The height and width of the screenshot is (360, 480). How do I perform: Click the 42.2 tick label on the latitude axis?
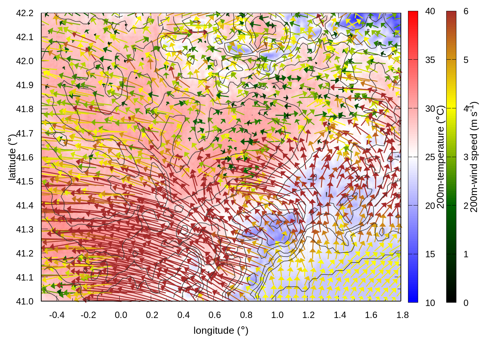pos(25,13)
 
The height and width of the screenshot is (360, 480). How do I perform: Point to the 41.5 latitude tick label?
pos(25,181)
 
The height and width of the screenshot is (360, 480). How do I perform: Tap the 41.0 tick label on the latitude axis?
pos(25,301)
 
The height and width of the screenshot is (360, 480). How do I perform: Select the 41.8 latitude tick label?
pos(25,109)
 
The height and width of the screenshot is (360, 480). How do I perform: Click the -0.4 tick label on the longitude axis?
pos(57,315)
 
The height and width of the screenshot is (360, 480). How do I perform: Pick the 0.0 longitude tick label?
pos(121,315)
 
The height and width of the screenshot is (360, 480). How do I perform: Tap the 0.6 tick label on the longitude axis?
pos(214,315)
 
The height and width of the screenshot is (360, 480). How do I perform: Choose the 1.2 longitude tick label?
pos(308,315)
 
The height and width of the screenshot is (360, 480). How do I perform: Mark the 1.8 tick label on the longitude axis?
pos(402,315)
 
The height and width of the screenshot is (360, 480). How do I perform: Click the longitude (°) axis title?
pos(221,330)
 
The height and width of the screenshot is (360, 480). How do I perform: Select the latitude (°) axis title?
pos(12,157)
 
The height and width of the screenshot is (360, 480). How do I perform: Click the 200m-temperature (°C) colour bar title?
pos(441,157)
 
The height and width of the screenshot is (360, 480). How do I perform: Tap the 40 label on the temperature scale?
pos(430,12)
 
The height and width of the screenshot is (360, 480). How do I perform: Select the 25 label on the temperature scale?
pos(430,157)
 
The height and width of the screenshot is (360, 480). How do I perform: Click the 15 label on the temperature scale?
pos(430,254)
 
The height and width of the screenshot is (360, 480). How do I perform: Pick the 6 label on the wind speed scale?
pos(466,12)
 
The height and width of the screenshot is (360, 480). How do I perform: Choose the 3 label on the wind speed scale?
pos(466,157)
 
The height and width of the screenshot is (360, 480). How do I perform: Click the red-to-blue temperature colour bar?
pos(413,157)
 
